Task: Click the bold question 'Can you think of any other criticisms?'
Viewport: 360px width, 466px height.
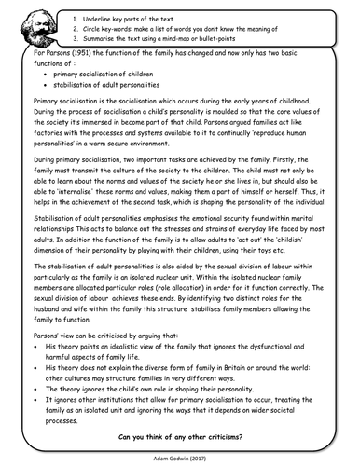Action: point(180,436)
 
